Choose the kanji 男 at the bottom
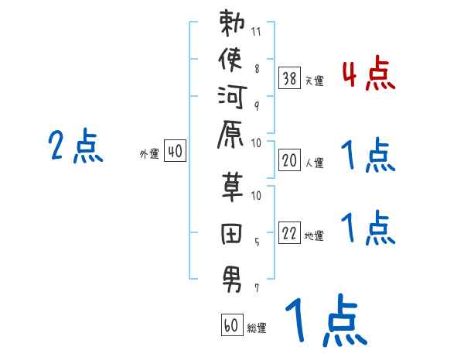tap(232, 276)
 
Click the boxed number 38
tap(288, 77)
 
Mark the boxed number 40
tap(175, 152)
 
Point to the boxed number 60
tap(230, 325)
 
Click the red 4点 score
tap(368, 76)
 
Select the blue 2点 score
tap(75, 146)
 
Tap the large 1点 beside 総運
tap(324, 321)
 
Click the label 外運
tap(148, 154)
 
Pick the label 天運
tap(314, 81)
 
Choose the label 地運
tap(314, 236)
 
